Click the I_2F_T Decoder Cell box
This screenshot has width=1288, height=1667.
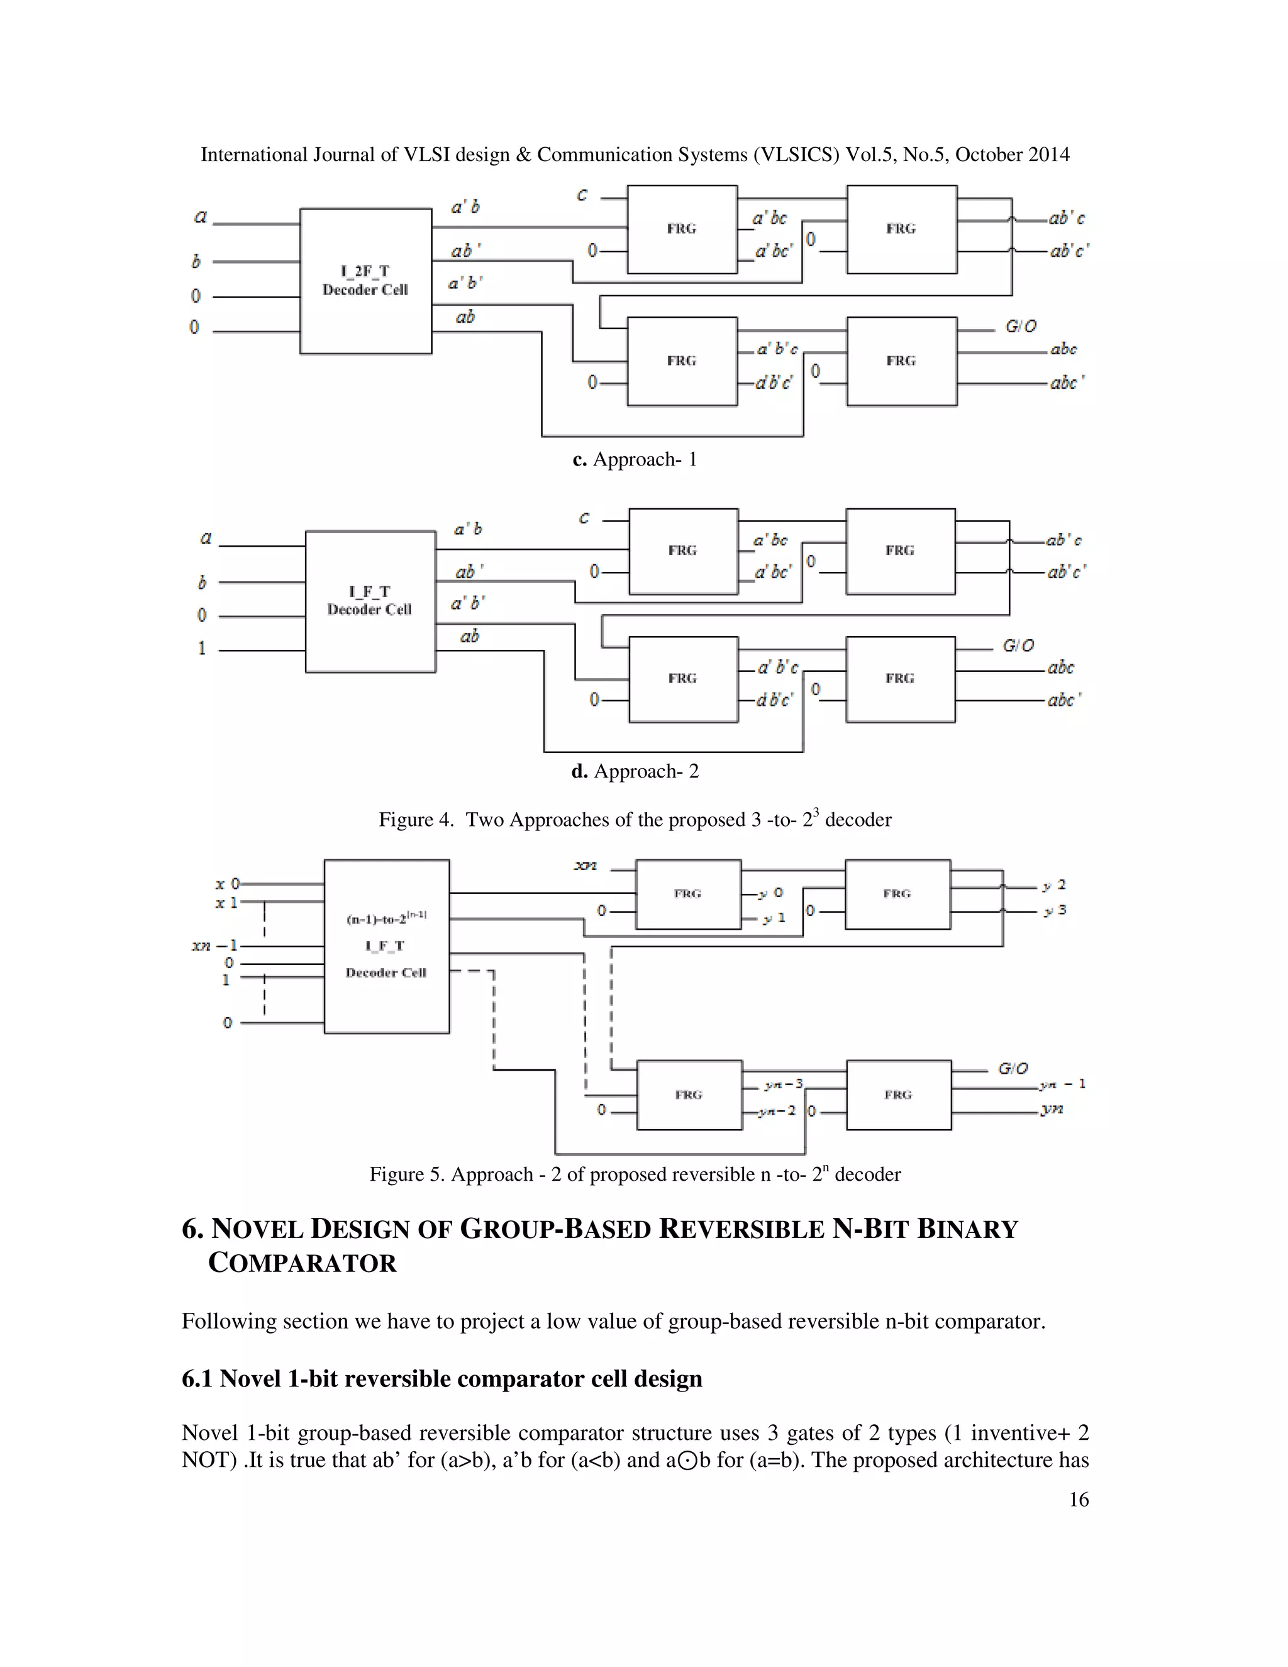pos(365,281)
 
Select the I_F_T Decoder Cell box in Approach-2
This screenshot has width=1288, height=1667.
pos(370,601)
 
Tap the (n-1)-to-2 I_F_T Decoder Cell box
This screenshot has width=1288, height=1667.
pos(386,947)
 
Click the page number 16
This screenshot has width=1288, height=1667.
pos(1078,1500)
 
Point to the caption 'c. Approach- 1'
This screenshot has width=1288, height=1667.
pos(635,459)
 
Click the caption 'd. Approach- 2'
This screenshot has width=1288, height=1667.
pos(635,772)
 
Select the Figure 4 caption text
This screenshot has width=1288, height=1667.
pos(635,820)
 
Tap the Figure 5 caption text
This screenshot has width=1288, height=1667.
pos(635,1174)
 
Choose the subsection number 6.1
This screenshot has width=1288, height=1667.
pos(197,1380)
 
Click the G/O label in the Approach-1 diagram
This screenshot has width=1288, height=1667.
pos(1021,326)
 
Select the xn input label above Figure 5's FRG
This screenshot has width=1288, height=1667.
pos(586,866)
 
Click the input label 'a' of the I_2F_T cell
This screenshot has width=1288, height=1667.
pos(201,217)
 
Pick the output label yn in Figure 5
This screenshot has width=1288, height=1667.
pos(1052,1109)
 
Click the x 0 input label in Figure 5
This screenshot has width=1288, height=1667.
pos(228,884)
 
